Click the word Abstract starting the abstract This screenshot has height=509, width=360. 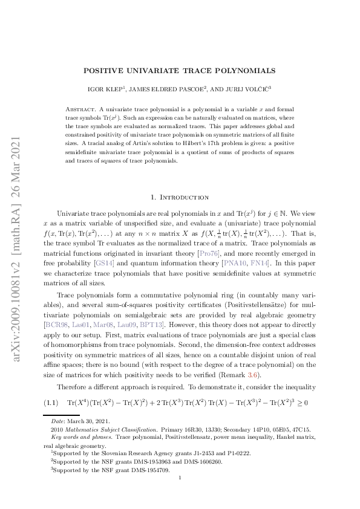tap(78, 108)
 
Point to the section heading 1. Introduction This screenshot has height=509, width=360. tap(180, 198)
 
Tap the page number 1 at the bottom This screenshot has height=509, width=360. tap(180, 478)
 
